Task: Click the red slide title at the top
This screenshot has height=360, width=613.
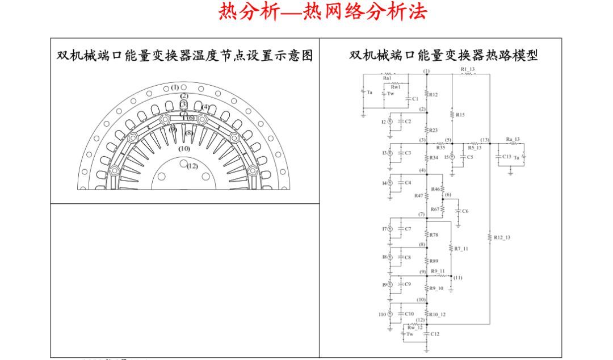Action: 322,12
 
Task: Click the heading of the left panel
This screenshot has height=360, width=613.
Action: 185,55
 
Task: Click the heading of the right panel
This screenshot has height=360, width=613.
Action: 443,55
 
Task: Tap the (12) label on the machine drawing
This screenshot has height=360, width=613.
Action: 192,166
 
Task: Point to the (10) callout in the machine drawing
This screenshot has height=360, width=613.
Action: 184,148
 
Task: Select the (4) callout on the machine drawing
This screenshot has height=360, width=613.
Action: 205,107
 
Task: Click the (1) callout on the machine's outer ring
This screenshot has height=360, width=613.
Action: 175,87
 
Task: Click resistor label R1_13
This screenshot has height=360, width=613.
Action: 467,69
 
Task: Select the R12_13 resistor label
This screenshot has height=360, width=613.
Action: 502,237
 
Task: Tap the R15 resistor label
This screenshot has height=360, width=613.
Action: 460,115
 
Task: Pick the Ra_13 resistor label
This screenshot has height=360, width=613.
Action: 513,139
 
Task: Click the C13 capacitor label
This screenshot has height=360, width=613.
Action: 506,156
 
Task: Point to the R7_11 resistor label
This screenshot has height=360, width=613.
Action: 461,249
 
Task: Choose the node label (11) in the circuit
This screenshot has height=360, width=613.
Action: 457,278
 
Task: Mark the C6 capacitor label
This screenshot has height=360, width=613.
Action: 465,211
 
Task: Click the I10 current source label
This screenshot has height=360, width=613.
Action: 382,314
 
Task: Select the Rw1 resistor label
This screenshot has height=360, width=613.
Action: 396,87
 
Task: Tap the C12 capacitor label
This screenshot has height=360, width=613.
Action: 434,334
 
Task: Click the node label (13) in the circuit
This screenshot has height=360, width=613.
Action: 484,140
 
